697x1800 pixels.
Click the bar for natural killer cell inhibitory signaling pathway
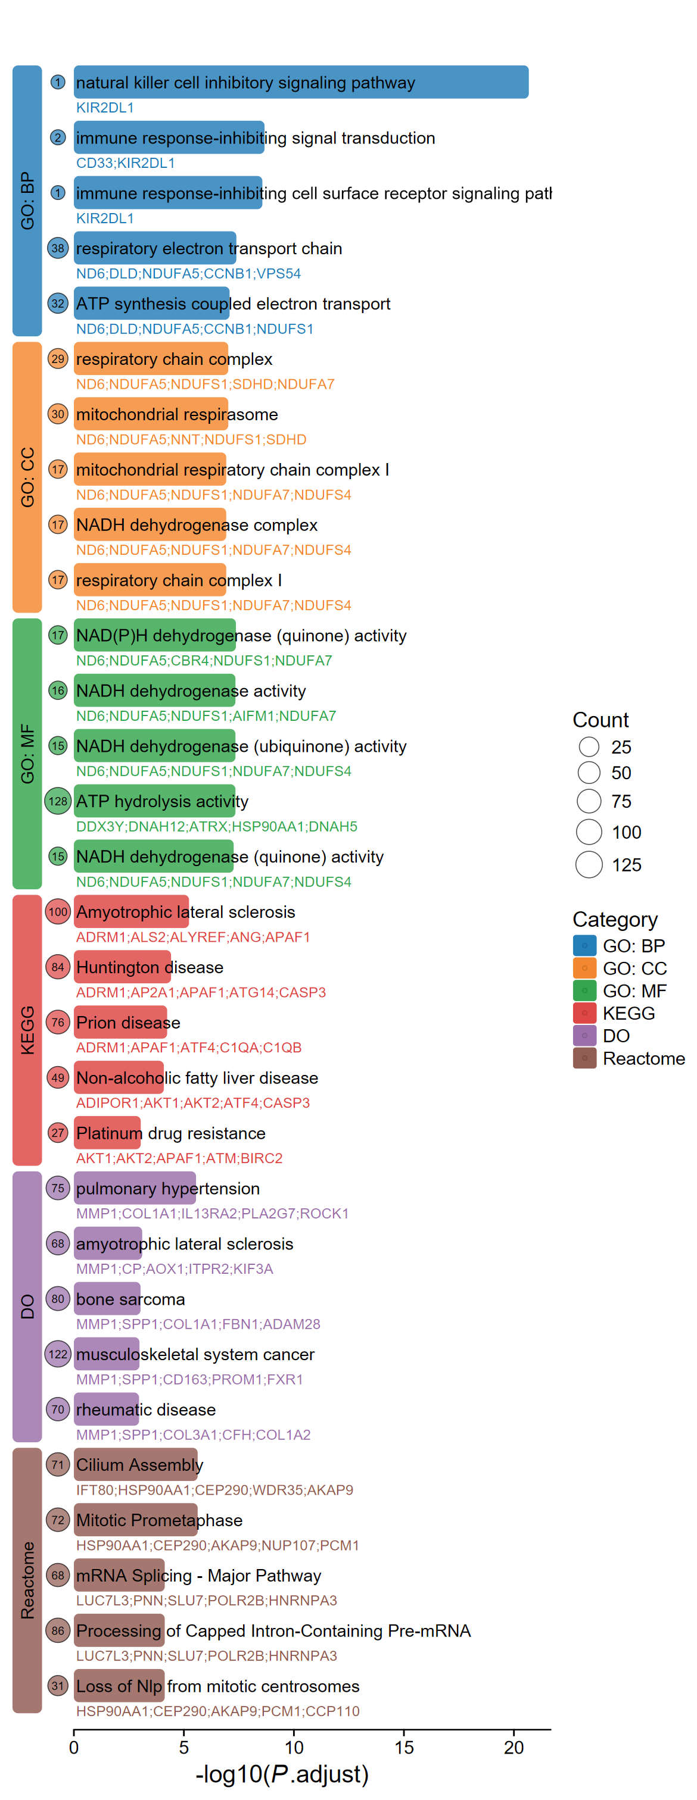pos(301,83)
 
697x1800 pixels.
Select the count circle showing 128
pos(58,801)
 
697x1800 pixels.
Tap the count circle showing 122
pos(58,1354)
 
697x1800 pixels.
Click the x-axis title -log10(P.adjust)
pos(282,1773)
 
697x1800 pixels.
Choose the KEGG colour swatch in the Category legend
pos(584,1012)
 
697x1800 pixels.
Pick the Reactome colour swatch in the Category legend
pos(584,1058)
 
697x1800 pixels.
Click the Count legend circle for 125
pos(589,864)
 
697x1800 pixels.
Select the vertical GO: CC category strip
pos(27,477)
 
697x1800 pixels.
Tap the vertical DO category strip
pos(27,1306)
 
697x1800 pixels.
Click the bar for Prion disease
pos(120,1021)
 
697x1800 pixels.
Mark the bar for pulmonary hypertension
pos(134,1188)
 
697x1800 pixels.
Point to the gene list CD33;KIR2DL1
pos(125,163)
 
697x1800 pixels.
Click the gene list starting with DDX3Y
pos(216,827)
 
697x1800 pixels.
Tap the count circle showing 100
pos(58,911)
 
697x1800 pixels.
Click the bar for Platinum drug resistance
pos(107,1133)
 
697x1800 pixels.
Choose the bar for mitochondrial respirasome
pos(150,414)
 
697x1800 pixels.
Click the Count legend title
pos(600,720)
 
